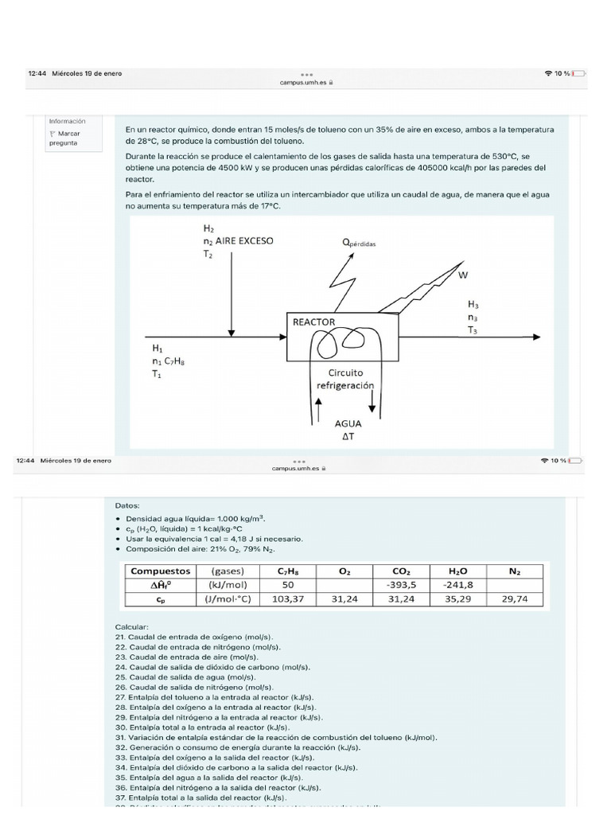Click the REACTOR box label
pos(314,322)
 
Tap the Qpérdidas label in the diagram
pos(360,243)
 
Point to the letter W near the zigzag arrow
pos(464,275)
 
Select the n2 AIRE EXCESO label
pos(238,240)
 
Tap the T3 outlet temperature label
pos(473,330)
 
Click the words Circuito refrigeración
pos(345,378)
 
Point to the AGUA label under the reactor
pos(348,423)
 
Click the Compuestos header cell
pos(161,571)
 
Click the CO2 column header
pos(400,571)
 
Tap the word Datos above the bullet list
pos(126,505)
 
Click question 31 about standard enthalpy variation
pos(276,737)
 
